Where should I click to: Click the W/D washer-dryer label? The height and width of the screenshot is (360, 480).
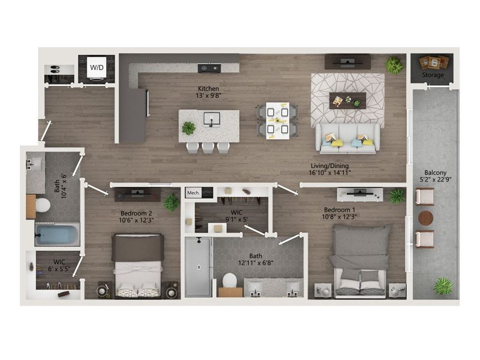(x=97, y=67)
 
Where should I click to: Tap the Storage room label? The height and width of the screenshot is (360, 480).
(x=433, y=75)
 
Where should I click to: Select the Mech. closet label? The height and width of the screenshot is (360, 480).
(x=193, y=193)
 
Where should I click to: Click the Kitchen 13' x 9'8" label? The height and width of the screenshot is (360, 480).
(x=208, y=92)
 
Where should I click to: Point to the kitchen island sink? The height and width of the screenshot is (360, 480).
(x=212, y=119)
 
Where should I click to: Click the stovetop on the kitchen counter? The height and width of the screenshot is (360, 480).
(x=209, y=68)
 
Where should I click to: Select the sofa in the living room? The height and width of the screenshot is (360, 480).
(x=348, y=138)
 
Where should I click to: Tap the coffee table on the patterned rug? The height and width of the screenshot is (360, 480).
(x=348, y=101)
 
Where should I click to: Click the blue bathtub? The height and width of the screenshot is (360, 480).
(x=57, y=235)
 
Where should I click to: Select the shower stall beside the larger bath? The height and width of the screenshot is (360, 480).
(x=199, y=267)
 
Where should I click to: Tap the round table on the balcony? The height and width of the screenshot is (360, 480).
(x=425, y=218)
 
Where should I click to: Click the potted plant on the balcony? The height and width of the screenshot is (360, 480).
(x=443, y=286)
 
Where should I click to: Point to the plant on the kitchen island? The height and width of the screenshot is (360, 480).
(x=188, y=128)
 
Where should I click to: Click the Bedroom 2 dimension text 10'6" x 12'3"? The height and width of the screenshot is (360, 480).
(x=136, y=220)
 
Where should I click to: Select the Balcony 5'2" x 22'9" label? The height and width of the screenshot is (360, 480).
(x=436, y=176)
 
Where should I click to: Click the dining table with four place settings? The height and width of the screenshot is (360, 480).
(x=278, y=121)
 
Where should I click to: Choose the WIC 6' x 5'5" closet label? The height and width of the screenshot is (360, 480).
(x=59, y=265)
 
